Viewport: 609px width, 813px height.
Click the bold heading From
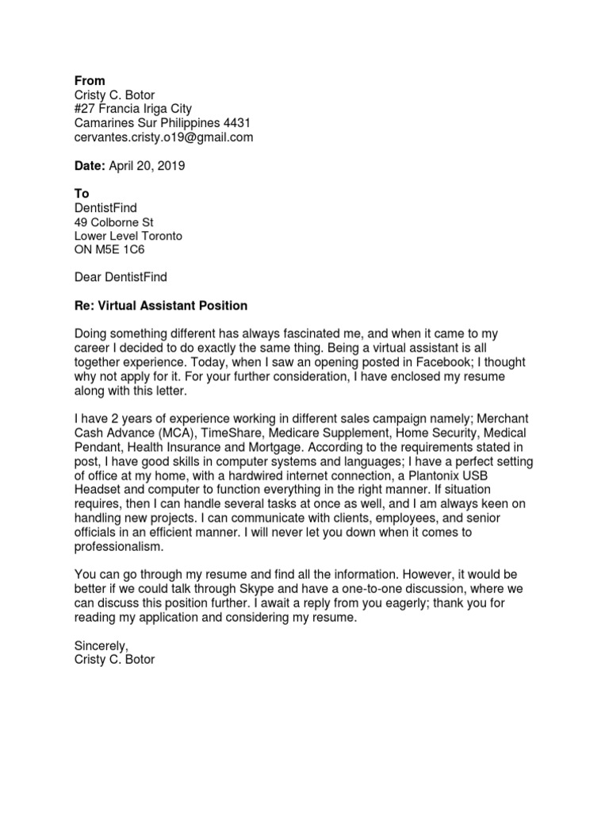point(89,81)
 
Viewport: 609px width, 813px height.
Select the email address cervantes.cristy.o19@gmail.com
point(163,137)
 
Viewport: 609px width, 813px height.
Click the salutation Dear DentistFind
point(121,277)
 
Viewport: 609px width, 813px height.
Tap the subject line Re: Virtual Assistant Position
point(160,306)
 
